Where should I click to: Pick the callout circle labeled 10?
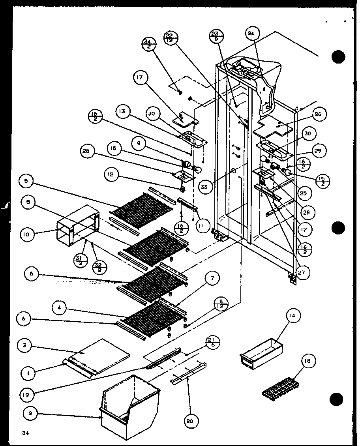[x=25, y=234]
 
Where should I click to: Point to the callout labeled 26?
[x=319, y=114]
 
